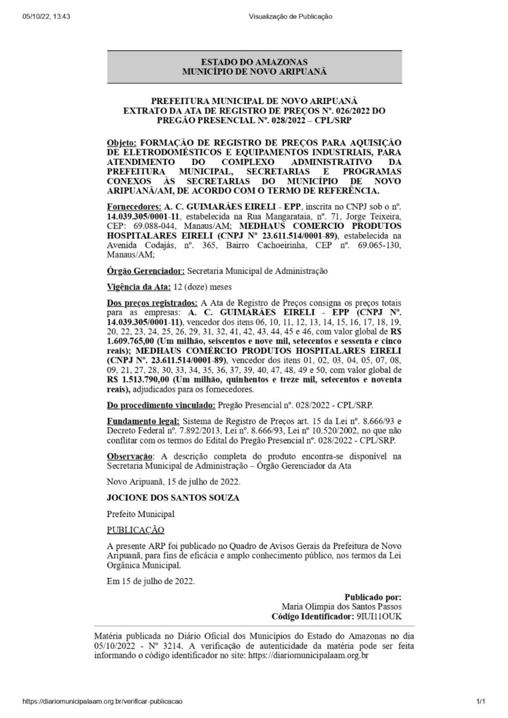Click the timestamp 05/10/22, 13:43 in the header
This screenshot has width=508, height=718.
pos(37,17)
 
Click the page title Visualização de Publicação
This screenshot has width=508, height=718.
pos(290,17)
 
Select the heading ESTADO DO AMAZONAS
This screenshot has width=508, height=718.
pos(255,62)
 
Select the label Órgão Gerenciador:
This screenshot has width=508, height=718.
pos(143,271)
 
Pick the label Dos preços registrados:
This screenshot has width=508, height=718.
pos(152,303)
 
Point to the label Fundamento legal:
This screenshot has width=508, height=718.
pos(143,422)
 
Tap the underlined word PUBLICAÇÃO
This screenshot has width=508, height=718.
pos(135,531)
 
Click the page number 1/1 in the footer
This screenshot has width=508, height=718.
pos(480,701)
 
